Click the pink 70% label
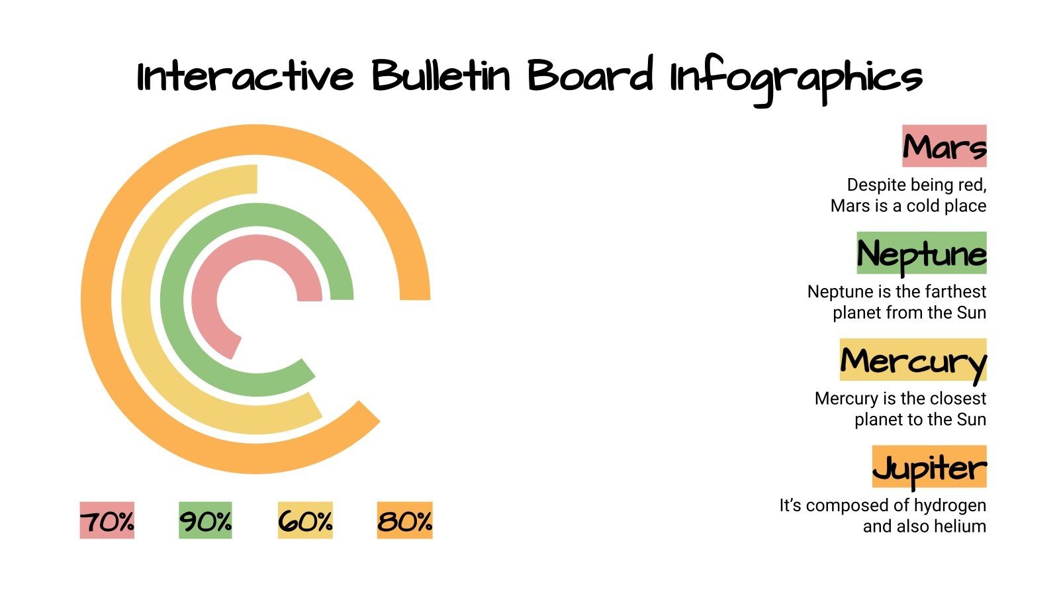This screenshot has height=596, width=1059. click(x=107, y=521)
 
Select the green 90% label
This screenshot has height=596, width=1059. click(x=205, y=521)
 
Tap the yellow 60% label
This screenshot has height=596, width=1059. click(x=305, y=521)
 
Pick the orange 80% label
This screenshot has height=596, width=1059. click(x=404, y=521)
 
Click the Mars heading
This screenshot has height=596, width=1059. click(x=944, y=146)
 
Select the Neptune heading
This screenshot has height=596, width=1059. click(x=921, y=254)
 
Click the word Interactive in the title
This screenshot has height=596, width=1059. click(x=245, y=76)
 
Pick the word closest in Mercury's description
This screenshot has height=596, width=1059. click(x=957, y=399)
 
